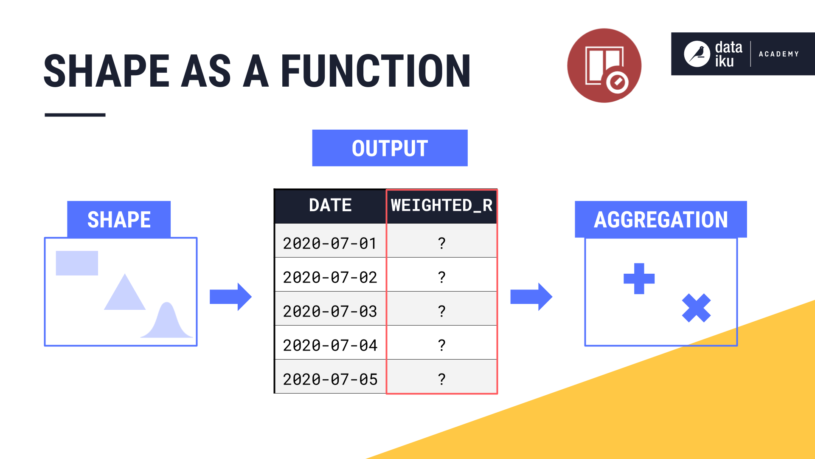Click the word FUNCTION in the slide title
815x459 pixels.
pyautogui.click(x=376, y=71)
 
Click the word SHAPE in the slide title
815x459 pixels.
pyautogui.click(x=107, y=71)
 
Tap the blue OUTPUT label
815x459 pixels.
pyautogui.click(x=390, y=148)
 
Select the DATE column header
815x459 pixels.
pyautogui.click(x=330, y=206)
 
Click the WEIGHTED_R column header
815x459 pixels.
pyautogui.click(x=441, y=206)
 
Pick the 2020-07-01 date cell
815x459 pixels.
pyautogui.click(x=330, y=243)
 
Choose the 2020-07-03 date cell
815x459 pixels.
pyautogui.click(x=330, y=311)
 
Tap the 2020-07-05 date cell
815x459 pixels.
pyautogui.click(x=330, y=379)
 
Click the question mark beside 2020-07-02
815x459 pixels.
pyautogui.click(x=441, y=277)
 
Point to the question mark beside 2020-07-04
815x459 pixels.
pyautogui.click(x=441, y=345)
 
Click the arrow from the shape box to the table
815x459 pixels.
pyautogui.click(x=230, y=297)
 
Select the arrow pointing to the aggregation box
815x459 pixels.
pyautogui.click(x=531, y=297)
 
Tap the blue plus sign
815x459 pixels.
pyautogui.click(x=639, y=279)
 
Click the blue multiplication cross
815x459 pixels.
pyautogui.click(x=696, y=308)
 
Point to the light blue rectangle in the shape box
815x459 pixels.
pyautogui.click(x=77, y=263)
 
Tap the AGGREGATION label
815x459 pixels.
pyautogui.click(x=660, y=219)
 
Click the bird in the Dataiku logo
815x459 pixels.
pyautogui.click(x=697, y=54)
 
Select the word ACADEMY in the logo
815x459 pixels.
pyautogui.click(x=779, y=54)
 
